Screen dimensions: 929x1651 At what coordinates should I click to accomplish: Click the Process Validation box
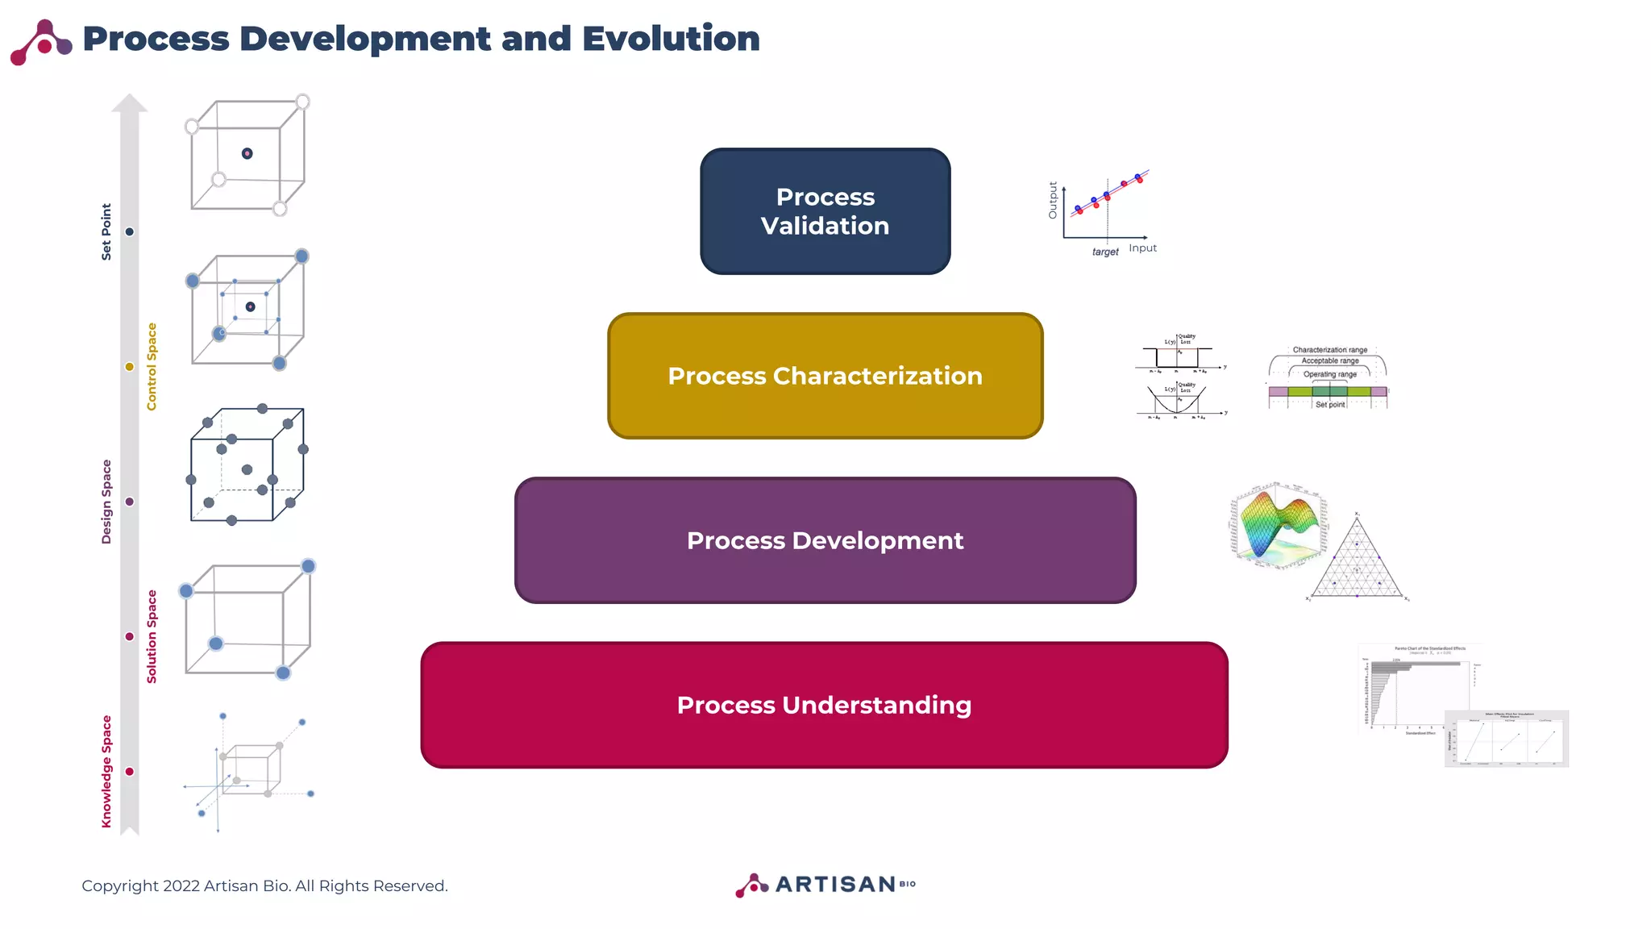pos(825,211)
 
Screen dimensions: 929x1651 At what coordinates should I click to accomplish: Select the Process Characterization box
pos(825,376)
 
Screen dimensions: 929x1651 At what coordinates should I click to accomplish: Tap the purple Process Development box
pos(825,540)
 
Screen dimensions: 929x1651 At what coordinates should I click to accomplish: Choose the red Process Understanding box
pos(824,705)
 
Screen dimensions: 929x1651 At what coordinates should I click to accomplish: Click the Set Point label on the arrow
pos(106,231)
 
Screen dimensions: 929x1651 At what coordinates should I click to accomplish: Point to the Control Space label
pos(152,367)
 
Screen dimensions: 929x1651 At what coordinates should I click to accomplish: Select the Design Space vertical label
pos(106,502)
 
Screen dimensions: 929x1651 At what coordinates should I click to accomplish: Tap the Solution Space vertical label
pos(152,636)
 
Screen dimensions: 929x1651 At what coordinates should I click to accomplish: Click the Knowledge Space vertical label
pos(106,771)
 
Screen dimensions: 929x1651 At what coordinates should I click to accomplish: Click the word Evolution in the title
pos(671,39)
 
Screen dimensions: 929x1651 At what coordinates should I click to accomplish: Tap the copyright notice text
pos(264,885)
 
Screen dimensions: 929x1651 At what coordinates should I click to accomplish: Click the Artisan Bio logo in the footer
pos(825,885)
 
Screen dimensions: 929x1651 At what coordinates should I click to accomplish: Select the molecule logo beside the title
pos(41,42)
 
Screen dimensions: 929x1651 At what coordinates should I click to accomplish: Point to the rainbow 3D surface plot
pos(1279,526)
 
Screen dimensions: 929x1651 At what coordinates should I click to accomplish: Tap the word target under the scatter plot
pos(1104,252)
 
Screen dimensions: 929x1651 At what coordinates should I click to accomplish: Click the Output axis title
pos(1052,200)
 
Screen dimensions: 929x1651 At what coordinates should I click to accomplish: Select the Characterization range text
pos(1329,350)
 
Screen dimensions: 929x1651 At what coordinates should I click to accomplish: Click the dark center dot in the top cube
pos(247,153)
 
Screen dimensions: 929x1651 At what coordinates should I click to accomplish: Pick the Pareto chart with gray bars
pos(1419,689)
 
